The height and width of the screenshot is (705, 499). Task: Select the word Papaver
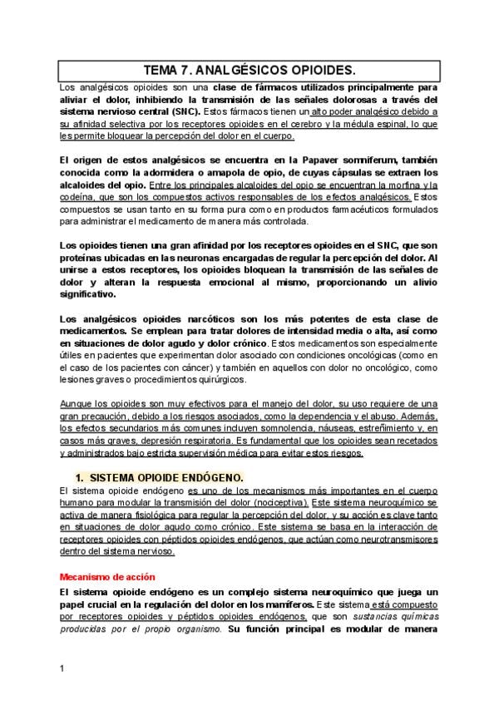(x=336, y=159)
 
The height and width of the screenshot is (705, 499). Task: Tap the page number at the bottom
(x=62, y=668)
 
